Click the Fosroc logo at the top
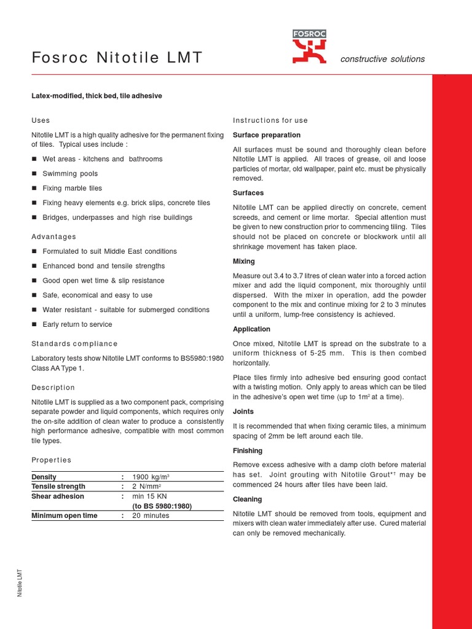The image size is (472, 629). (x=309, y=47)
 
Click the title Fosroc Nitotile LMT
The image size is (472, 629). (x=117, y=58)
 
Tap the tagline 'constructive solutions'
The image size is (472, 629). (x=382, y=59)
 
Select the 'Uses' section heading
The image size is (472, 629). (x=41, y=120)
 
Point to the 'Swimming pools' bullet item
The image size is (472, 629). (x=70, y=174)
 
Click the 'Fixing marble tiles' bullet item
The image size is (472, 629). (x=72, y=189)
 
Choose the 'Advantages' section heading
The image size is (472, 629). (x=54, y=236)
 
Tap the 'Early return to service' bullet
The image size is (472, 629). (x=77, y=324)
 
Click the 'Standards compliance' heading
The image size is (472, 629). (x=74, y=344)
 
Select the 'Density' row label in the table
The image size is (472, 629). (x=44, y=477)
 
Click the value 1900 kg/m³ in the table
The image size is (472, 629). (x=151, y=477)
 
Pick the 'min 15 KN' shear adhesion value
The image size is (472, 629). (x=149, y=496)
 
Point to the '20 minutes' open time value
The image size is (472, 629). (x=151, y=516)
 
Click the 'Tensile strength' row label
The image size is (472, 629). (x=58, y=486)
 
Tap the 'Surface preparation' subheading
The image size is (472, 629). (x=267, y=135)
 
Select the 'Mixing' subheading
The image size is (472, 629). (x=244, y=262)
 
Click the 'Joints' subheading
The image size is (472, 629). (x=243, y=412)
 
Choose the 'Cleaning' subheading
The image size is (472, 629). (x=248, y=499)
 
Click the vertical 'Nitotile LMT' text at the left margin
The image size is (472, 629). (x=20, y=582)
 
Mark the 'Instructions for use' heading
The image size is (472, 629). (x=270, y=120)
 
